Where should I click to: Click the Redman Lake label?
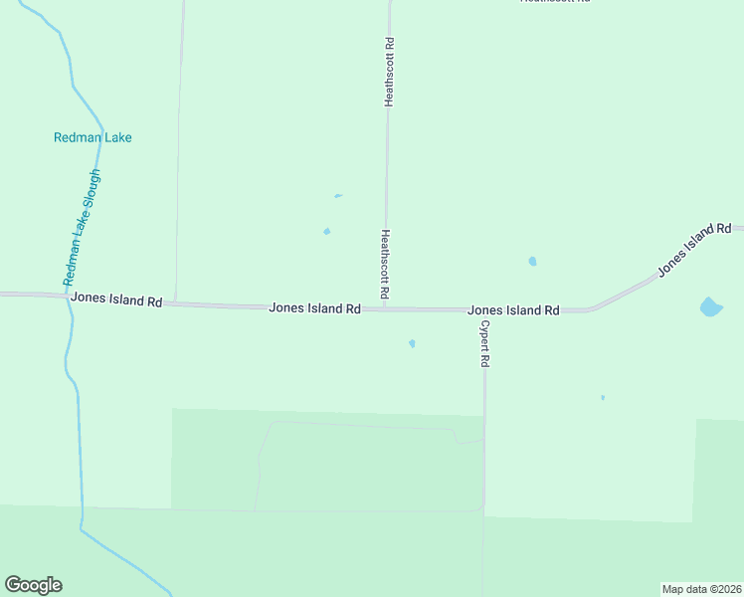click(93, 138)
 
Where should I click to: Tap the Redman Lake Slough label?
click(83, 227)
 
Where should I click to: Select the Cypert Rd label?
click(484, 344)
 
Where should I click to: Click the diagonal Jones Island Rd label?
click(693, 250)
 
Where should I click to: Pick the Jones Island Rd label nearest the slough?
click(115, 299)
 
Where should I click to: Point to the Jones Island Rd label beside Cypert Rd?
click(513, 310)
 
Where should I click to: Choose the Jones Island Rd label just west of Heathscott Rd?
click(314, 309)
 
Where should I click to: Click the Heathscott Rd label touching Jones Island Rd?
click(385, 266)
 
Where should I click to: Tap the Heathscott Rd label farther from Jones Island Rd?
click(389, 72)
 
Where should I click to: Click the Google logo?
click(33, 585)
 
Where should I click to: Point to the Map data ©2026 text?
click(701, 589)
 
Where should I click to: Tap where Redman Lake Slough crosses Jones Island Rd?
click(69, 297)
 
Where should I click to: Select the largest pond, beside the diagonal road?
click(710, 306)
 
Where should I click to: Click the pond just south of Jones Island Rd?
click(412, 344)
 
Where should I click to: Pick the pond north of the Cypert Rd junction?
click(532, 262)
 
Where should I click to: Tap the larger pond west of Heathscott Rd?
click(326, 232)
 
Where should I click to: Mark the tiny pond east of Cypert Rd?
click(603, 397)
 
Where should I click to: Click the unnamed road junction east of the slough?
click(176, 302)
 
